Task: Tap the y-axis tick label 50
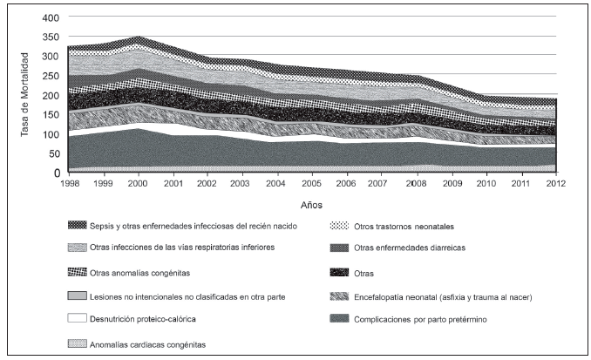(x=53, y=153)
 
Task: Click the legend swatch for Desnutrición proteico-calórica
(x=78, y=320)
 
